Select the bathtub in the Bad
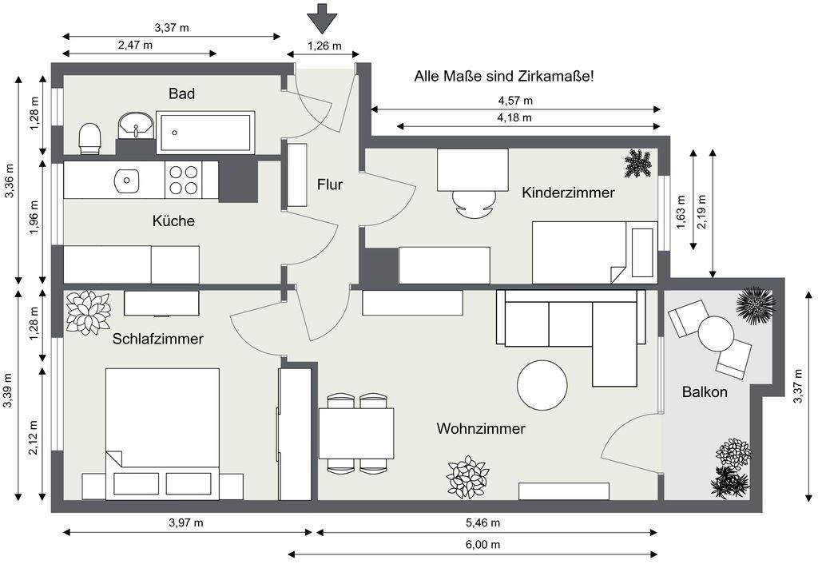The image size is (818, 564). (x=205, y=133)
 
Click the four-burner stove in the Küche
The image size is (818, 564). (x=183, y=179)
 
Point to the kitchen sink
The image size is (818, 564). (x=125, y=180)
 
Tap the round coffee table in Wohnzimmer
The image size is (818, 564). (x=542, y=385)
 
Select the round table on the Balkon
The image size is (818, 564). (x=716, y=334)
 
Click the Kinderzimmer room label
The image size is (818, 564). (x=568, y=193)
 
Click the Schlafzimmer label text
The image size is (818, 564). (x=157, y=339)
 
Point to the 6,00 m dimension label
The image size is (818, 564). (x=483, y=544)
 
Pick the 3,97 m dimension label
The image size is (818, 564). (x=185, y=522)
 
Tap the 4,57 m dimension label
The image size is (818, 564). (x=514, y=101)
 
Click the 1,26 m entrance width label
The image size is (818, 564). (x=324, y=46)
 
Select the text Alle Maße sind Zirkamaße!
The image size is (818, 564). (x=503, y=77)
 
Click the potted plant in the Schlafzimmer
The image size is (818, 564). (x=88, y=312)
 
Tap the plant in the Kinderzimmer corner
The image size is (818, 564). (x=637, y=164)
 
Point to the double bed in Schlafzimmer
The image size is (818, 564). (x=162, y=423)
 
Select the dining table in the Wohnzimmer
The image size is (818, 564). (x=356, y=433)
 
